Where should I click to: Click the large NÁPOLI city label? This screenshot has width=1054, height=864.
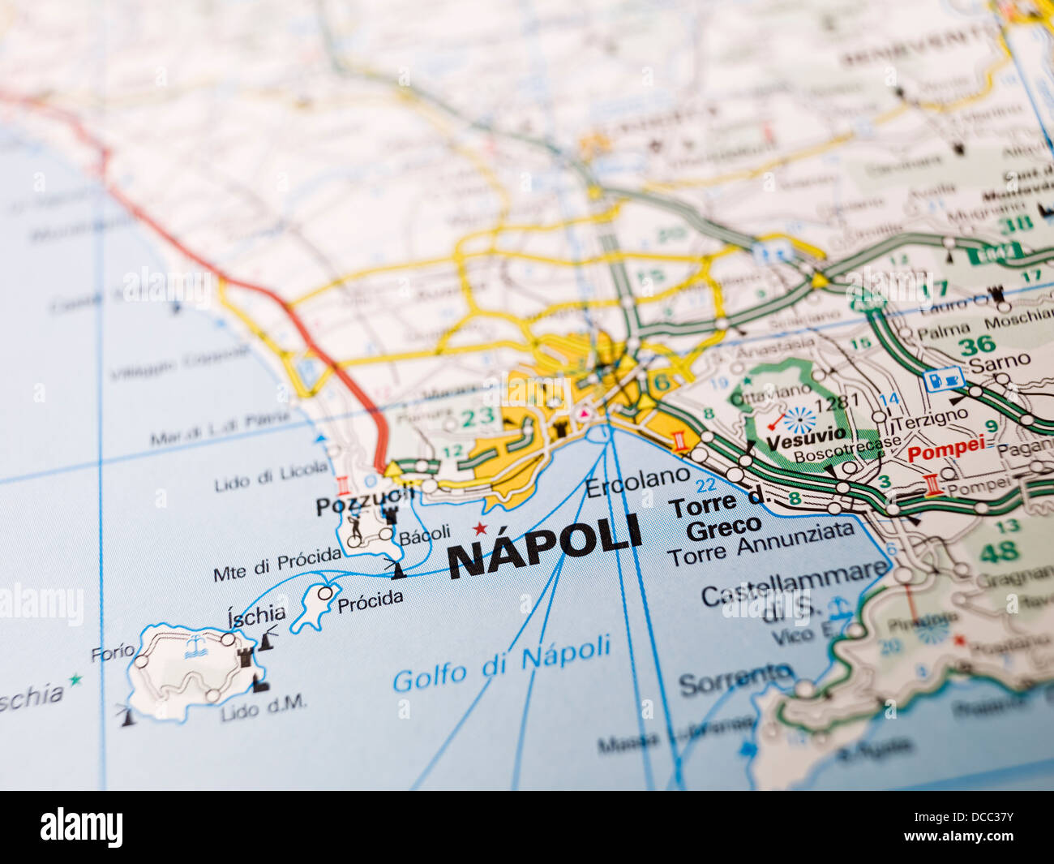pos(544,548)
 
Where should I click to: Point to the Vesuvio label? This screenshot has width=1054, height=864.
pos(806,439)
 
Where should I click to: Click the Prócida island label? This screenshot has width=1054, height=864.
pos(370,600)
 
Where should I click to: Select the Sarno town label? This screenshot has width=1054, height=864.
pos(999,362)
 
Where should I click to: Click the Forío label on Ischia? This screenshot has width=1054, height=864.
pos(113,651)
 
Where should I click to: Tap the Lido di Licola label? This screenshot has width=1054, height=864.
pos(272,475)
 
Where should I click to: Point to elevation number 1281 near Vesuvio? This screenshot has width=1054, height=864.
pos(836,403)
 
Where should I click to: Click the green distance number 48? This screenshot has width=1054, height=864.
pos(998,552)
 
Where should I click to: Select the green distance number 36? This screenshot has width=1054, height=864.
pos(976,346)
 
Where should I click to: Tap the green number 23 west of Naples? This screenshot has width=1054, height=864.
pos(478,418)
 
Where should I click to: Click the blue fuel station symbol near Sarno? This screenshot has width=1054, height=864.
pos(944,379)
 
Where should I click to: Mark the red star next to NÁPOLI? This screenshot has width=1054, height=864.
pos(479,529)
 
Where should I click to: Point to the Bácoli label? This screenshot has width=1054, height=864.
pos(424,534)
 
